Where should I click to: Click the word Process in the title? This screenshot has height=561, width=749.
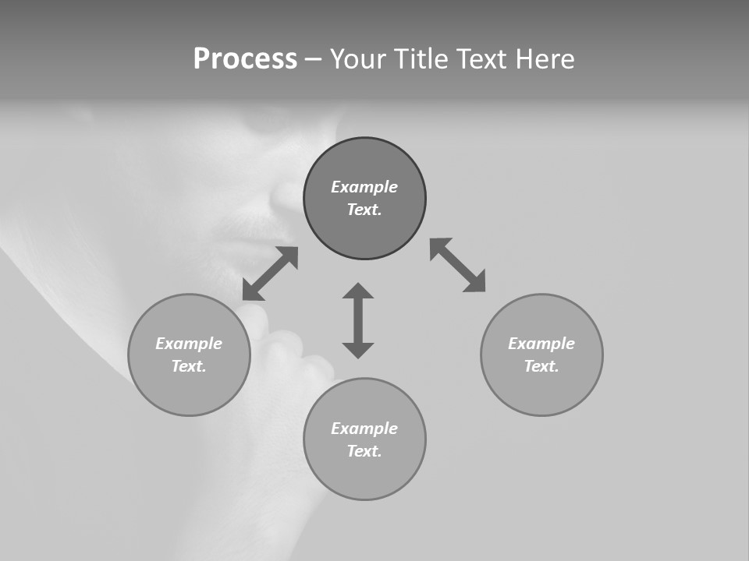click(x=245, y=59)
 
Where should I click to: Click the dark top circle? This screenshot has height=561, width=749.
click(x=364, y=234)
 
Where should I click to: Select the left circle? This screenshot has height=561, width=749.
click(x=189, y=390)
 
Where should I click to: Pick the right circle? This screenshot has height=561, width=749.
click(x=541, y=390)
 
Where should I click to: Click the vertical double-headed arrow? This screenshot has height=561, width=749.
click(x=358, y=320)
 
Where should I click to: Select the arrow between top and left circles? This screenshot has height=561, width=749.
click(x=270, y=273)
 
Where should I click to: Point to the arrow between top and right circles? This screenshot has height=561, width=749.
click(x=458, y=265)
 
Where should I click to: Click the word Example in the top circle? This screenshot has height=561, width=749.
click(x=364, y=187)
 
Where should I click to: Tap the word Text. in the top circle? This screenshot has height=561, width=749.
click(x=364, y=210)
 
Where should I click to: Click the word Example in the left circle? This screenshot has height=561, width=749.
click(x=189, y=344)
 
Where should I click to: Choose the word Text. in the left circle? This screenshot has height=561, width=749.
click(x=189, y=366)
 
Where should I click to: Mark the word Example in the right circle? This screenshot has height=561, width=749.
click(x=541, y=344)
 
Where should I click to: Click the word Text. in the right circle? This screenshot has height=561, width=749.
click(x=541, y=366)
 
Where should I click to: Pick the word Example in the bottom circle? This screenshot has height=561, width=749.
click(x=364, y=429)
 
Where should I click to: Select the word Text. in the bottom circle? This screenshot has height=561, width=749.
click(x=364, y=451)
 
